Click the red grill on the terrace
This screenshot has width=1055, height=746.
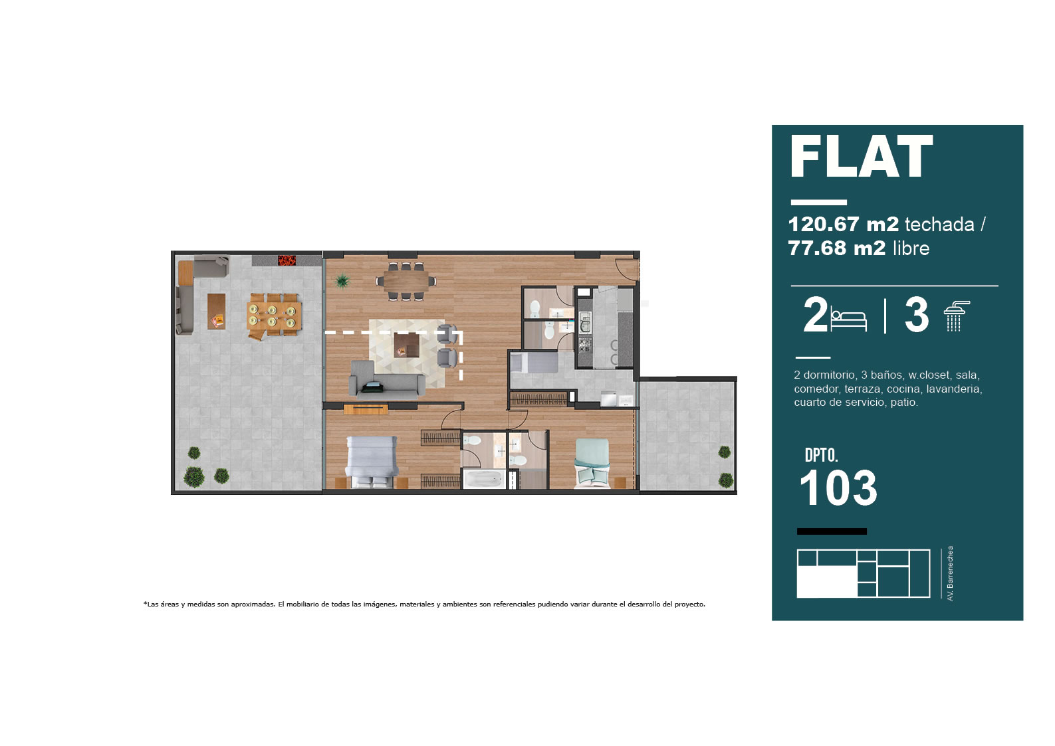pos(287,260)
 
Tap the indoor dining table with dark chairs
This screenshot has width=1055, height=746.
pos(406,281)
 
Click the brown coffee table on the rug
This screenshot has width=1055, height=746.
pos(406,345)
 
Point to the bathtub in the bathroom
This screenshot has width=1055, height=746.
pos(484,479)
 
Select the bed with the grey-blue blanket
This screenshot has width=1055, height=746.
pos(371,462)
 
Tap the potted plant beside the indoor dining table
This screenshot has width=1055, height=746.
pos(342,282)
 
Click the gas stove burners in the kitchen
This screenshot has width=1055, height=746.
pos(585,345)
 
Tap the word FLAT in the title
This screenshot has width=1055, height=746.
pos(861,156)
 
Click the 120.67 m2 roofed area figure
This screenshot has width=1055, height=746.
pos(843,224)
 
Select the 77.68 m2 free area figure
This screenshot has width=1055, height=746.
pos(836,248)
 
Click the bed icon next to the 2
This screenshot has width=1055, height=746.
pos(848,319)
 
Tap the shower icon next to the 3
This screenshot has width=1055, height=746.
pos(956,316)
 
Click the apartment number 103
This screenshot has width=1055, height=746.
pos(838,488)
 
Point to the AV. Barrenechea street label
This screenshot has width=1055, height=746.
pos(950,573)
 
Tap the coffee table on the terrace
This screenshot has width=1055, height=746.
pos(216,311)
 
